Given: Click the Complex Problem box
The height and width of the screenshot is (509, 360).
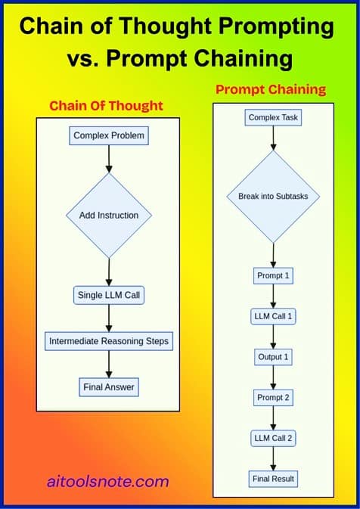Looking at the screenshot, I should [109, 136].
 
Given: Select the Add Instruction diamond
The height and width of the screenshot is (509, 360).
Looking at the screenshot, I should [109, 216].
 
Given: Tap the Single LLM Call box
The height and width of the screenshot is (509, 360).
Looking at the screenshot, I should [109, 294].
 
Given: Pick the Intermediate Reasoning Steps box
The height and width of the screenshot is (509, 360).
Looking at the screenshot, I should [109, 341].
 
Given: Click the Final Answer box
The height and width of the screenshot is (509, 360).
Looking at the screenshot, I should [109, 388].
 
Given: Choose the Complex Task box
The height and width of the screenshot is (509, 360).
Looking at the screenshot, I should [273, 117].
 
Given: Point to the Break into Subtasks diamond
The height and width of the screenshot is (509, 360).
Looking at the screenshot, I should [273, 196].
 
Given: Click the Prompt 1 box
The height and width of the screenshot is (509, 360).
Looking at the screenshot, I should [273, 275].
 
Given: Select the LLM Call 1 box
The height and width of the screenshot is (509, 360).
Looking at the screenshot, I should [273, 316].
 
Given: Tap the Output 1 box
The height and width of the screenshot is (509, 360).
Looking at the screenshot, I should [273, 356].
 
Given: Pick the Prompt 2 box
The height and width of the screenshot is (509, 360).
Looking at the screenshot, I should [273, 397].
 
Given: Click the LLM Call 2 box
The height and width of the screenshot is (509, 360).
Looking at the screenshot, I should [273, 438].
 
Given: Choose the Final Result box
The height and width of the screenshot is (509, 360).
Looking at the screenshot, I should [273, 479].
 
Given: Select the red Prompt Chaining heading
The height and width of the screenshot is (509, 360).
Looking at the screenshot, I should [270, 89].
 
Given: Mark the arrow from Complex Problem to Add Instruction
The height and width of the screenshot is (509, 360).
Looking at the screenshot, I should [109, 159].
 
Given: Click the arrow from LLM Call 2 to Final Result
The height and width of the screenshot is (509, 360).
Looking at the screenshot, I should [273, 458].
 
